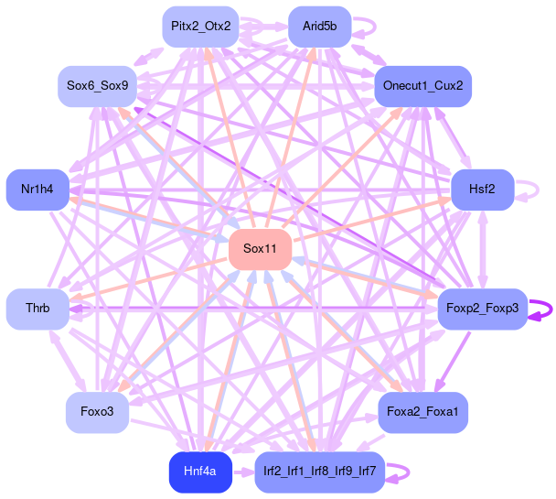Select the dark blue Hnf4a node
(x=199, y=472)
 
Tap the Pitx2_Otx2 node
(x=200, y=26)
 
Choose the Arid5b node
(x=319, y=26)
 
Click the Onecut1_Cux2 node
(x=422, y=86)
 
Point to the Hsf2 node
(x=482, y=190)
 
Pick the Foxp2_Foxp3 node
(x=482, y=309)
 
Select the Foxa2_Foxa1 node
(x=422, y=413)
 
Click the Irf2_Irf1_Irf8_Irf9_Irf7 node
(x=319, y=472)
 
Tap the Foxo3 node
(x=97, y=413)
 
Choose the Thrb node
(x=37, y=309)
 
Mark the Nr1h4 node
(x=37, y=190)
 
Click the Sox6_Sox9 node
(x=97, y=86)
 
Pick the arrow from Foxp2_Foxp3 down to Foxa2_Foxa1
(x=454, y=361)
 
